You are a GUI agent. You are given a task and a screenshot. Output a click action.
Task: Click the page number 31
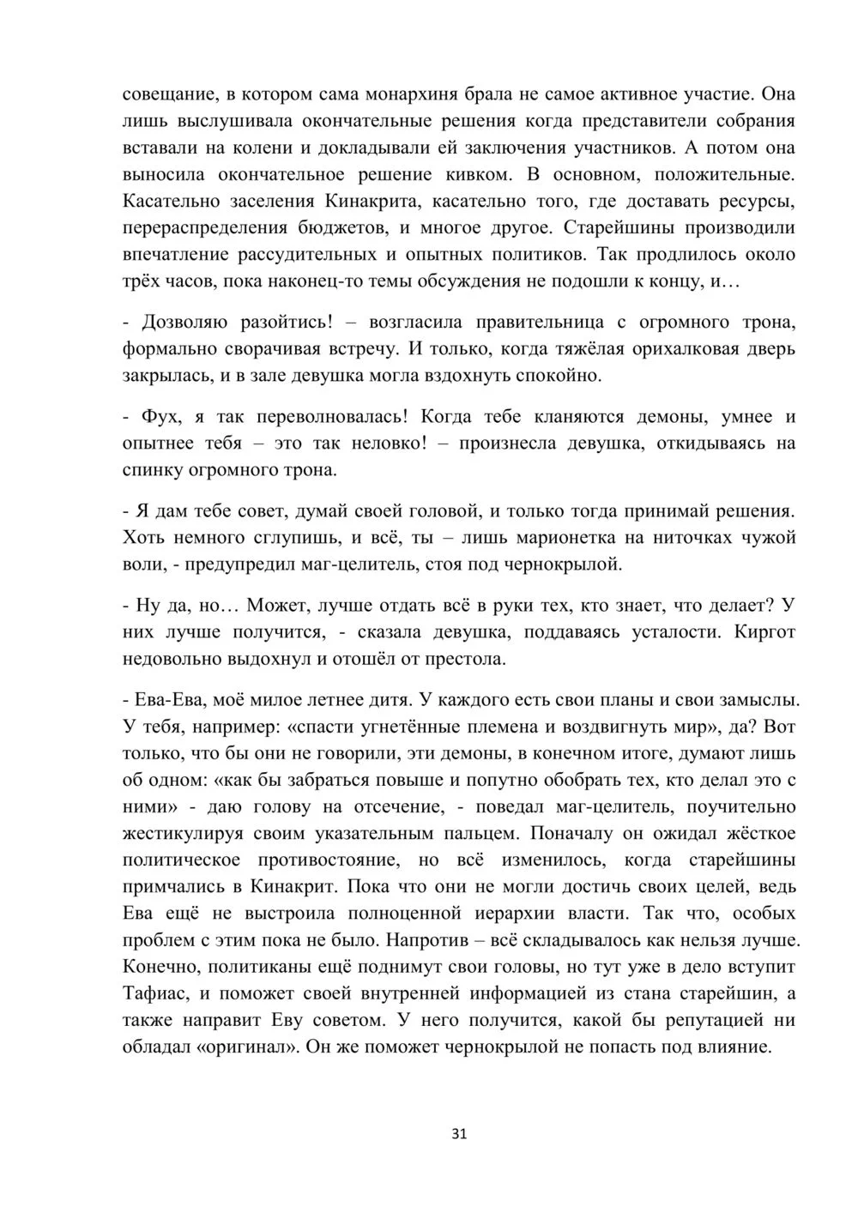coord(458,1133)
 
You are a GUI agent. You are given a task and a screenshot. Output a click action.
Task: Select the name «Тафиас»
coord(155,993)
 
